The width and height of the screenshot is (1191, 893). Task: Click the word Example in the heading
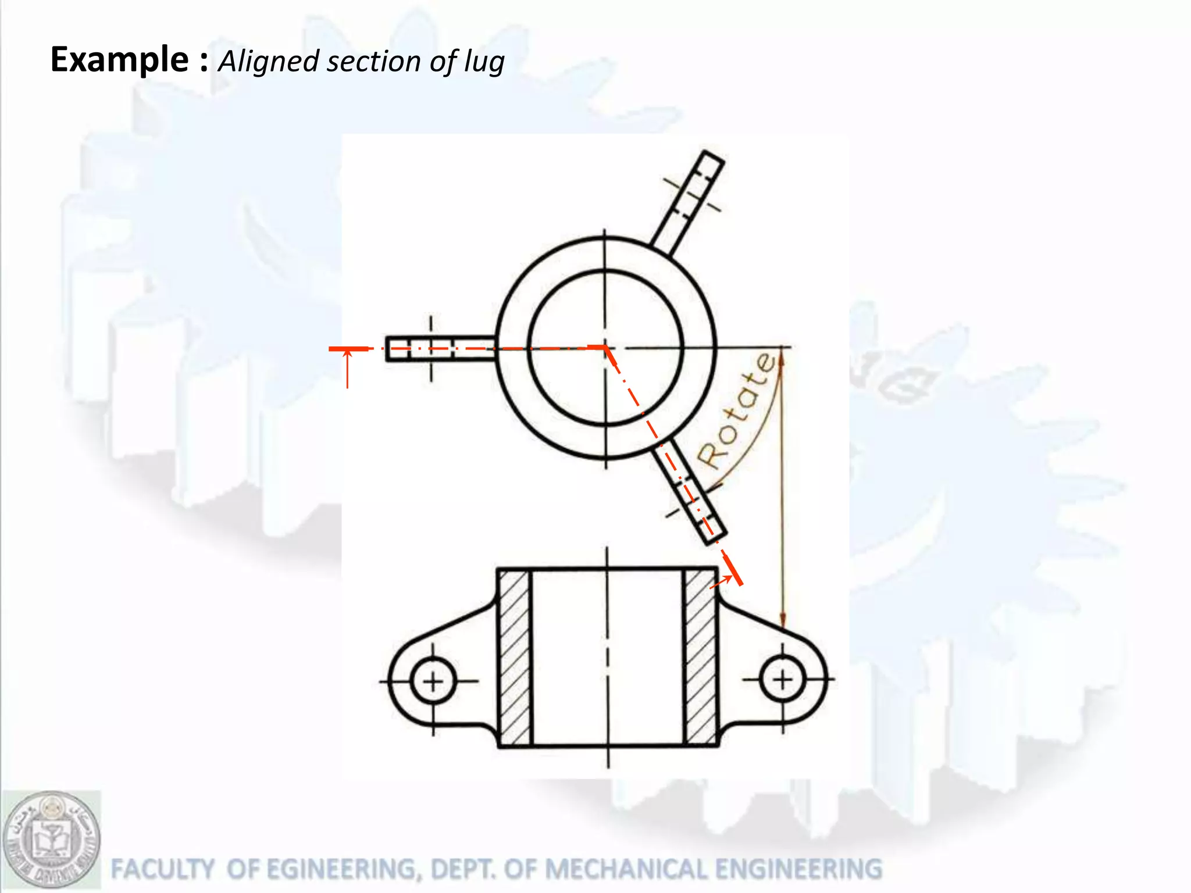pos(119,59)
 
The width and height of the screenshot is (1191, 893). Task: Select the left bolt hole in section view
pos(433,681)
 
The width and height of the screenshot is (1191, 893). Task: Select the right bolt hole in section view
pos(782,678)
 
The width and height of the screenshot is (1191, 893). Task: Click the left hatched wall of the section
pos(514,657)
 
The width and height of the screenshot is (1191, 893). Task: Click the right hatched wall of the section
pos(700,657)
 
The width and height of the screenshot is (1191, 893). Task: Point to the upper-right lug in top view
pos(688,201)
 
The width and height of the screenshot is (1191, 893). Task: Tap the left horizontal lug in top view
pos(440,349)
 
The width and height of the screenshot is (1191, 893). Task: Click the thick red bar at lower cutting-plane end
pos(732,570)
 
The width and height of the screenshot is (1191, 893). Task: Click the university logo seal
pos(51,840)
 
